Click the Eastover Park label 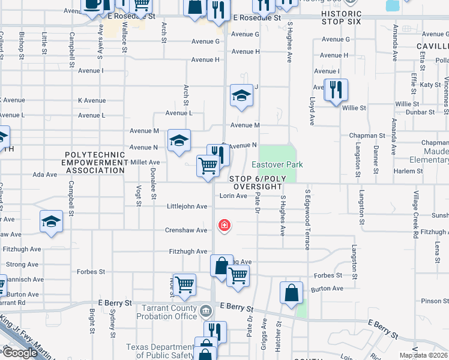[x=277, y=164]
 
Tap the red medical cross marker [x=224, y=226]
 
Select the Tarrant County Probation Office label [x=169, y=312]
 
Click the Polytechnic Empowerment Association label [x=95, y=162]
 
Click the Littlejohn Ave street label [x=187, y=206]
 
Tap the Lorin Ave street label [x=233, y=196]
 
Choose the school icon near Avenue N [x=179, y=141]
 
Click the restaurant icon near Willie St [x=336, y=90]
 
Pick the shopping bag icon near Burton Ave [x=291, y=293]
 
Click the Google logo [x=19, y=353]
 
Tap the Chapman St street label [x=367, y=136]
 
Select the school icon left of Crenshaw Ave [x=52, y=221]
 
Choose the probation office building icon [x=206, y=311]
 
